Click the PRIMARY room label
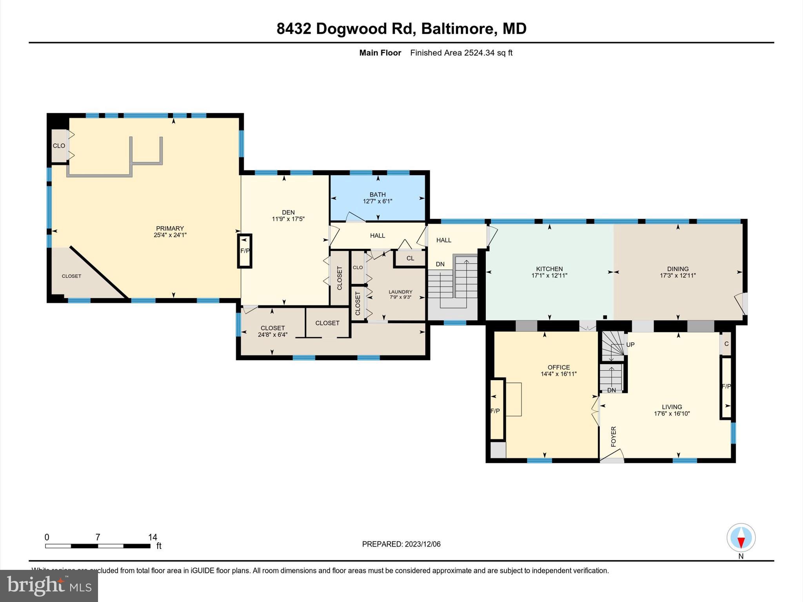pyautogui.click(x=170, y=228)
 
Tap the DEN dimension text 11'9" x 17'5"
pyautogui.click(x=288, y=219)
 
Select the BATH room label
pyautogui.click(x=377, y=194)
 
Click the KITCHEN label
pyautogui.click(x=549, y=269)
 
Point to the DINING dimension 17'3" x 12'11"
pyautogui.click(x=678, y=276)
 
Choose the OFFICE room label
pyautogui.click(x=558, y=367)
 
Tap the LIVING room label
pyautogui.click(x=672, y=407)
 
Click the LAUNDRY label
pyautogui.click(x=400, y=292)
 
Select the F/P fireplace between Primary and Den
pyautogui.click(x=245, y=251)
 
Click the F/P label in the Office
pyautogui.click(x=495, y=411)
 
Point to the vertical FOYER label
pyautogui.click(x=614, y=436)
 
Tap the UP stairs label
pyautogui.click(x=630, y=345)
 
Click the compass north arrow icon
pyautogui.click(x=741, y=538)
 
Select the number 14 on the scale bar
pyautogui.click(x=153, y=537)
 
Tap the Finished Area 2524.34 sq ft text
pyautogui.click(x=461, y=53)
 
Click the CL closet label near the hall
pyautogui.click(x=410, y=258)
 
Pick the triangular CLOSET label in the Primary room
pyautogui.click(x=71, y=276)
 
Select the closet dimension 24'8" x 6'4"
pyautogui.click(x=273, y=335)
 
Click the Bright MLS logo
pyautogui.click(x=49, y=586)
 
